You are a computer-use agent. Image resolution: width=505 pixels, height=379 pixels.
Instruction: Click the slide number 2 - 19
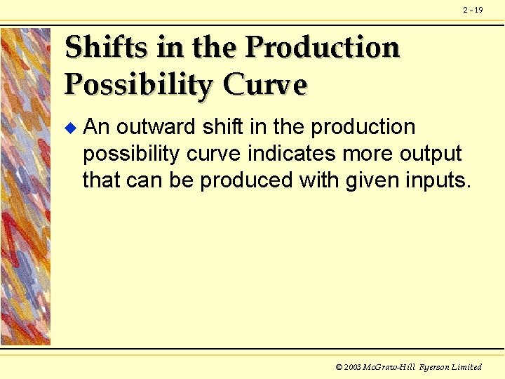(x=473, y=10)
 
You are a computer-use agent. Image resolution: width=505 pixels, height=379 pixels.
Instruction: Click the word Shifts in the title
(x=105, y=48)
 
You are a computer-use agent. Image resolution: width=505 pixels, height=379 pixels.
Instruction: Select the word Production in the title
(x=323, y=48)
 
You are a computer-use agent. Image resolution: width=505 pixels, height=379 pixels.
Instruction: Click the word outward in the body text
(x=156, y=127)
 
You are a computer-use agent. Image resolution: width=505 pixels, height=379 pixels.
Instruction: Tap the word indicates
(x=290, y=154)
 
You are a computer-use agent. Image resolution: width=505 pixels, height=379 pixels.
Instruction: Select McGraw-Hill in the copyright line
(x=389, y=367)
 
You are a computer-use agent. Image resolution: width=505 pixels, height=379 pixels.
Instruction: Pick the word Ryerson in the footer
(x=434, y=367)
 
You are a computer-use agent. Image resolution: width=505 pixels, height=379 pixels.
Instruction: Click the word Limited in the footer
(x=467, y=367)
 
